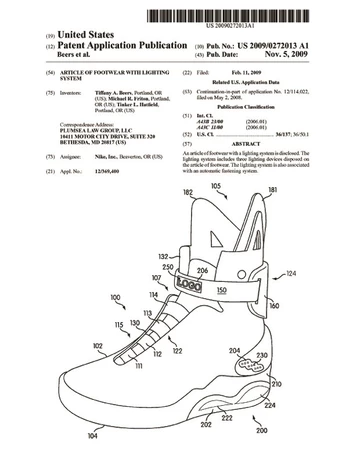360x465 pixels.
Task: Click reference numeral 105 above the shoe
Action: point(218,187)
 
